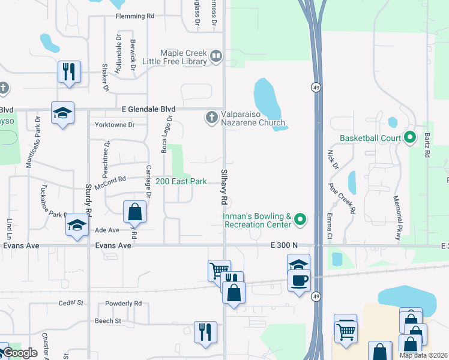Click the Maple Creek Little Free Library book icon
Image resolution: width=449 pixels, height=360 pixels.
click(x=216, y=57)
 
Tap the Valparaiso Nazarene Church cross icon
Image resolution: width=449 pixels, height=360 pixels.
click(x=211, y=117)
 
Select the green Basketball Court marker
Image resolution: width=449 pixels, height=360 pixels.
click(x=410, y=138)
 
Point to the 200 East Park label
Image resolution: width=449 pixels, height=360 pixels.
click(x=181, y=181)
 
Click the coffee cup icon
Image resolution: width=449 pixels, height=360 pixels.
click(x=298, y=280)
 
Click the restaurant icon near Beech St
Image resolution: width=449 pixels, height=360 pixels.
click(x=205, y=331)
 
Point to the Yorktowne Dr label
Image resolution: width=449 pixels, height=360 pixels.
click(x=115, y=125)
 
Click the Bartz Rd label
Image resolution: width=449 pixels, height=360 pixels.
click(x=427, y=145)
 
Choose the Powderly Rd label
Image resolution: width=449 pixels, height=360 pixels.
click(x=123, y=304)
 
